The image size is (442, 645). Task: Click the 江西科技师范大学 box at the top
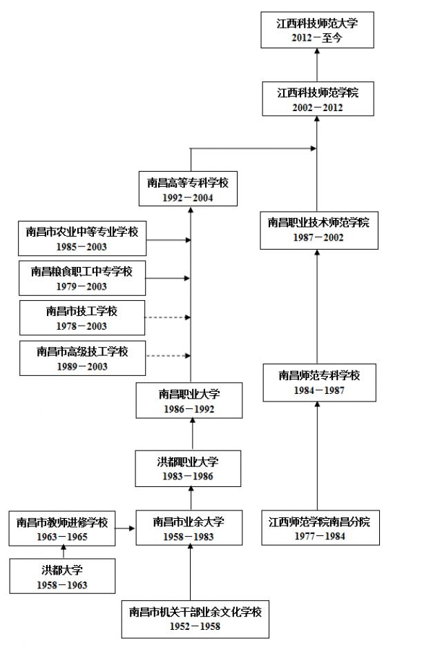(317, 30)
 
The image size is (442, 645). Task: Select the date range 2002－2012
(317, 108)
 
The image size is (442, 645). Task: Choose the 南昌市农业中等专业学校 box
(82, 239)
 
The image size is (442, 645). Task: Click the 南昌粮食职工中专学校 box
(82, 278)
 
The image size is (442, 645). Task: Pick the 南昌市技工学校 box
(82, 318)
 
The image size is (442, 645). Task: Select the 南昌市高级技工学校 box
(82, 358)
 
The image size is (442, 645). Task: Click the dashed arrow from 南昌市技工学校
(167, 317)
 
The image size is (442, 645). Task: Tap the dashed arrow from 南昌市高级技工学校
(167, 356)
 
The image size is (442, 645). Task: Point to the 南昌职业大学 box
(189, 401)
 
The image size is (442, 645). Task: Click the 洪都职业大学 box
(189, 468)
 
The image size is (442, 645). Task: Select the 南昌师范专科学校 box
(319, 382)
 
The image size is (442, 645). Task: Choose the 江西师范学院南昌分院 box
(320, 528)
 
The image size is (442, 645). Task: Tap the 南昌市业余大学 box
(189, 528)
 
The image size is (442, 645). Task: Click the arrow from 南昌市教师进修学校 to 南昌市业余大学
(125, 529)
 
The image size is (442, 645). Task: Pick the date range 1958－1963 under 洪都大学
(63, 586)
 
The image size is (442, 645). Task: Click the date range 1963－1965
(63, 537)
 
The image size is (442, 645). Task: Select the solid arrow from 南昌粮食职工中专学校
(167, 278)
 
